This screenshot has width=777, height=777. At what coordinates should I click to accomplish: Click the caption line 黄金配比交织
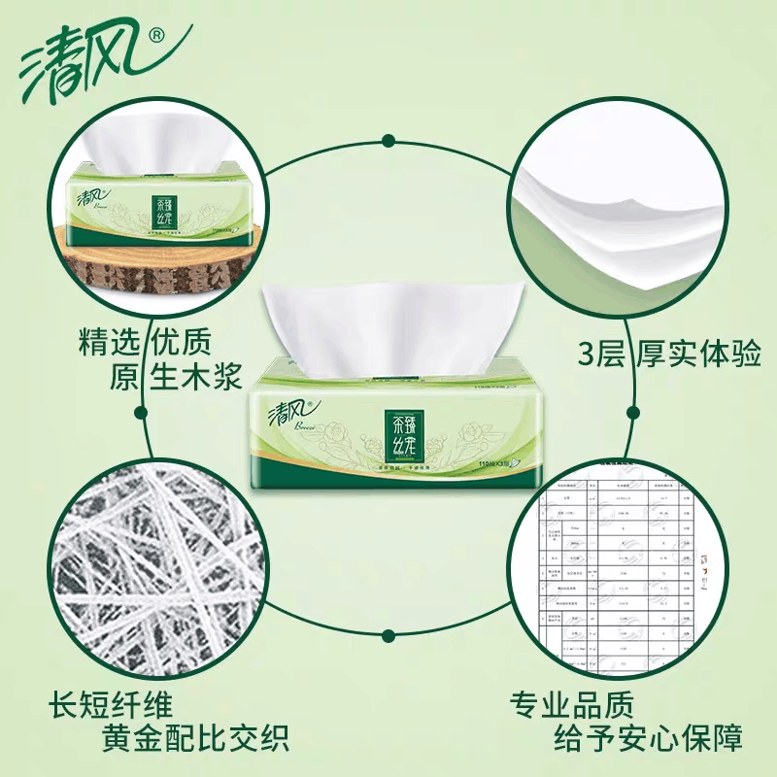194,739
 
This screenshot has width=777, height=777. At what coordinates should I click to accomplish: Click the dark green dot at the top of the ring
388,140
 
